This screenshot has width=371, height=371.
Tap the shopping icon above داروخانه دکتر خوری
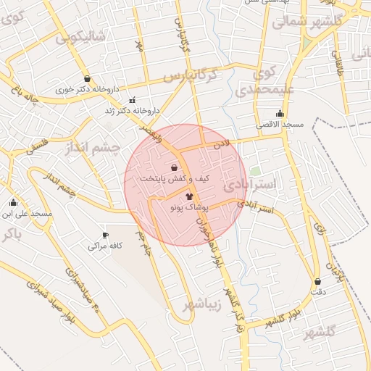(88, 79)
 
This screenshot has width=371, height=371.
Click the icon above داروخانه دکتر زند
(131, 100)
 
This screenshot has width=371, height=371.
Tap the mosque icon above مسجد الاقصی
(280, 114)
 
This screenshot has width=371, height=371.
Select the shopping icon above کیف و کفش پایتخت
(174, 167)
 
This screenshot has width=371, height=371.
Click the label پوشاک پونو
(188, 207)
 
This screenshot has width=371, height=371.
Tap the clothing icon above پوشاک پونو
(189, 196)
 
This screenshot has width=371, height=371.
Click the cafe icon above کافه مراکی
(105, 235)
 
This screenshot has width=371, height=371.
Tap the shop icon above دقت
(317, 281)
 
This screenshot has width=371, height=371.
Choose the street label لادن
(221, 145)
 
